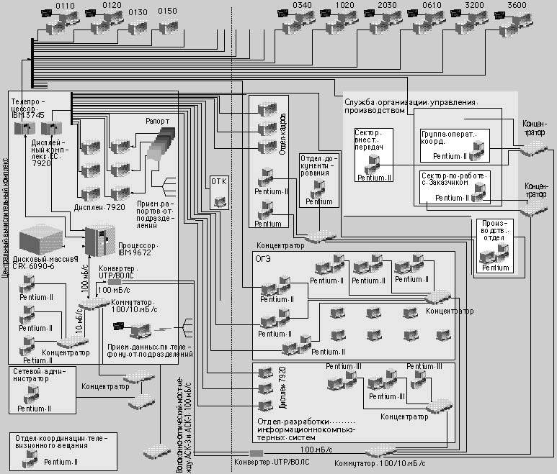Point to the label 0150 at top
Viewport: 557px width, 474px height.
pos(167,12)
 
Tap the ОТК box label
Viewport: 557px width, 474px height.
pos(218,181)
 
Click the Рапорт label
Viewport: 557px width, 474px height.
pos(158,122)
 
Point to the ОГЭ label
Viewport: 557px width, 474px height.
pos(262,257)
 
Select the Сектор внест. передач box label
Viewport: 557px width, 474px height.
pos(373,140)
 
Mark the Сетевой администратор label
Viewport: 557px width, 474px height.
pos(40,375)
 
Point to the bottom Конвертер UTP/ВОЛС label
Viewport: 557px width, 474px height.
pos(270,462)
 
